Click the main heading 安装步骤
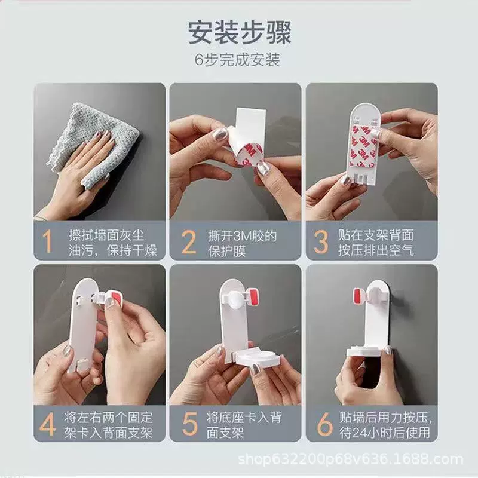[240, 32]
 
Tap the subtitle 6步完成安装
[237, 59]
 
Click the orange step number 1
[47, 241]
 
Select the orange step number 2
[189, 242]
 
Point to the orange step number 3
[321, 242]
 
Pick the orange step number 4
[48, 424]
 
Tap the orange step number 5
[189, 424]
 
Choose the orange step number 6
[324, 424]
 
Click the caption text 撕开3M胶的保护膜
[243, 244]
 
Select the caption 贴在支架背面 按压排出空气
[376, 243]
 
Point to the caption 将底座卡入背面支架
[244, 425]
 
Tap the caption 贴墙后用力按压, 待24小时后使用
[385, 425]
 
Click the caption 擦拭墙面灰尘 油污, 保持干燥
[112, 243]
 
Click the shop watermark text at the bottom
[351, 459]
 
